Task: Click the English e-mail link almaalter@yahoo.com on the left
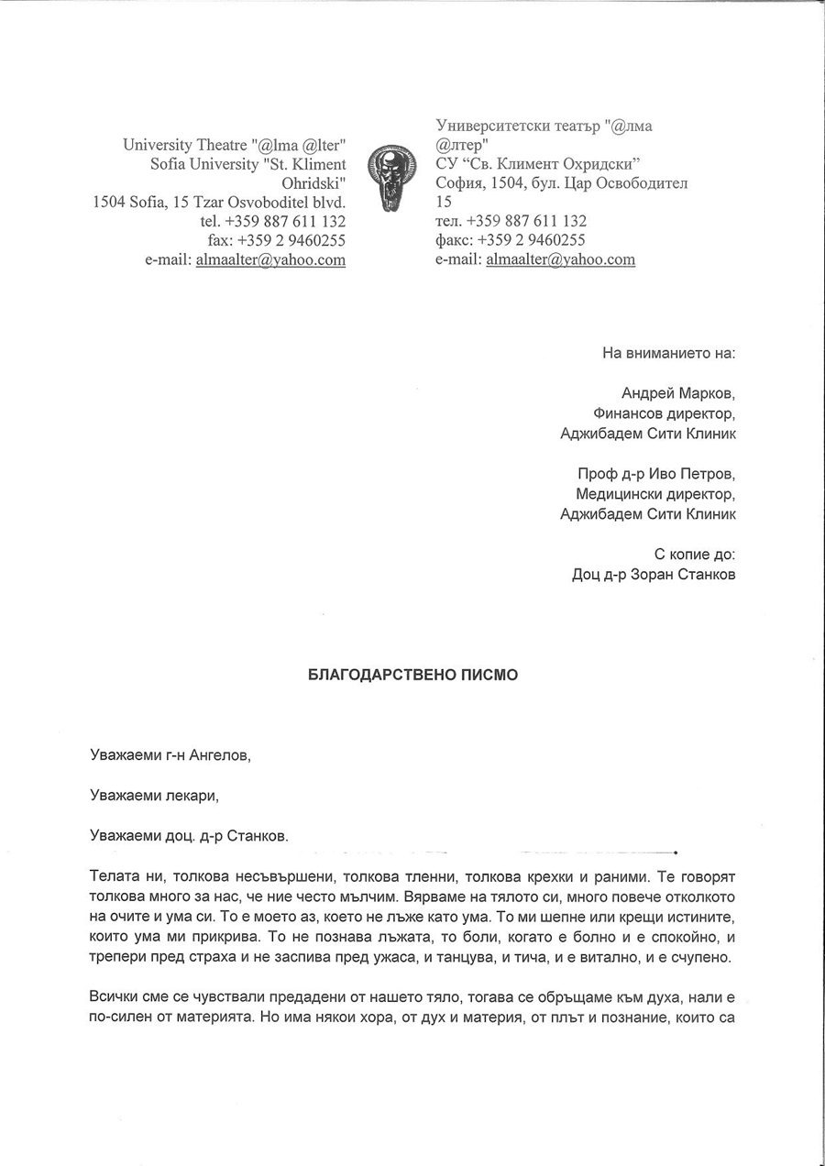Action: tap(270, 259)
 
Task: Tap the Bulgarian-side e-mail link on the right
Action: tap(560, 259)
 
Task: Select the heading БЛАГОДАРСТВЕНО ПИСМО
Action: tap(412, 675)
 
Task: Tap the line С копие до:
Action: tap(694, 555)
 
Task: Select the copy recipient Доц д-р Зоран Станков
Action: tap(653, 575)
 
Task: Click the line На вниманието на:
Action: tap(669, 353)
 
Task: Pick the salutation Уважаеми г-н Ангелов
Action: tap(170, 755)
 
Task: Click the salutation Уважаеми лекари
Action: tap(155, 796)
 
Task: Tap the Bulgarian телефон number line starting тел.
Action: tap(511, 221)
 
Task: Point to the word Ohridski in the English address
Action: tap(313, 182)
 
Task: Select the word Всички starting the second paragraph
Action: tap(115, 997)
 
